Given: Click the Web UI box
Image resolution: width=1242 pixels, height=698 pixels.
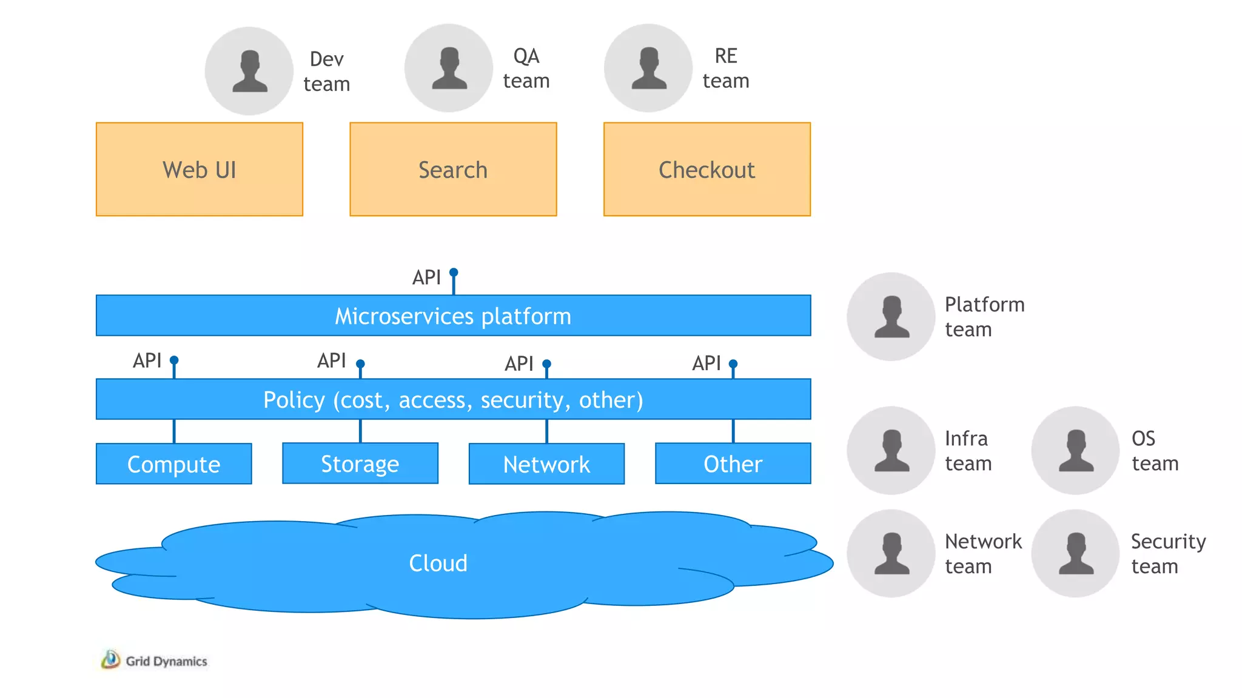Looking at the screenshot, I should pos(199,170).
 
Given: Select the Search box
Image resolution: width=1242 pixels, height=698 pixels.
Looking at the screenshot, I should pos(453,170).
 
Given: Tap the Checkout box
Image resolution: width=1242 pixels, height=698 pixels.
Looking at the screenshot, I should pos(707,170).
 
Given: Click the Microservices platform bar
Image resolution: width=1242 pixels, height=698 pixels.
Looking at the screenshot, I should pos(453,316).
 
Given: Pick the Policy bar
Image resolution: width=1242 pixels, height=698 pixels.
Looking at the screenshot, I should pos(453,399).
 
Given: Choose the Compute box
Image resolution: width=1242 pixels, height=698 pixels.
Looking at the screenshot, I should pos(173,464).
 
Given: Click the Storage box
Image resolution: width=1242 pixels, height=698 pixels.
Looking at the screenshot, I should pos(360,464).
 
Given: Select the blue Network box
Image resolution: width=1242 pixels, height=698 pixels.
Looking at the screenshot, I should pos(546,464).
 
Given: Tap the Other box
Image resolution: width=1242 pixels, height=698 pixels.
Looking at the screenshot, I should pos(733,464).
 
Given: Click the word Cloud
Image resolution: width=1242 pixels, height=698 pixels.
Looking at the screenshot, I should pos(438,563).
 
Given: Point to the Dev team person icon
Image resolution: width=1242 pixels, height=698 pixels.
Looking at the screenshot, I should pos(249,71).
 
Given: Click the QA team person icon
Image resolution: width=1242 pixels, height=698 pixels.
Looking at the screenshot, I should pos(449,68).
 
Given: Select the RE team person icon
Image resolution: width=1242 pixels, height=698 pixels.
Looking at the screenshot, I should pos(648,68).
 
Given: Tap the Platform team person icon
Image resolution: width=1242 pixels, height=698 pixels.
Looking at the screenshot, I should pos(891,316).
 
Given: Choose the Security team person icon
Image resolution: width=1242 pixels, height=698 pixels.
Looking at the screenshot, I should pos(1075,553).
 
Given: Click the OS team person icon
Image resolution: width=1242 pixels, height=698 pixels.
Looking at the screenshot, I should pos(1075,450).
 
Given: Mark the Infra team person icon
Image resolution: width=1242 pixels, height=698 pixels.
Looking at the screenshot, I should pos(891,450).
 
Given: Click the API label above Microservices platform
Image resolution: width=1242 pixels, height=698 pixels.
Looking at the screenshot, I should pos(426,278).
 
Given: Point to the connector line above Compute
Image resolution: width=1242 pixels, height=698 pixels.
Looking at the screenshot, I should pos(174,431).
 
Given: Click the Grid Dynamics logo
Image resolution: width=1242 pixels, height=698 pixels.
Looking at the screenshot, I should pos(154,660).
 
